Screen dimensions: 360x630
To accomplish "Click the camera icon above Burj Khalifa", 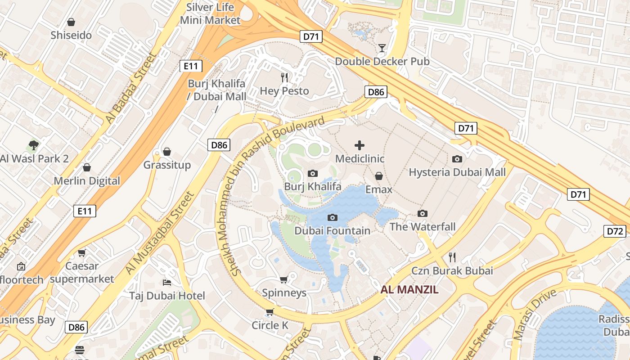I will [x=313, y=173].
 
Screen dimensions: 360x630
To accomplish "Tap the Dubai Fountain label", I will [x=332, y=231].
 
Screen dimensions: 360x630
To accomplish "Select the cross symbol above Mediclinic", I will [x=360, y=145].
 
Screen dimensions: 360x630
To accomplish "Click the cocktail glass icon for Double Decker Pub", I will [x=382, y=48].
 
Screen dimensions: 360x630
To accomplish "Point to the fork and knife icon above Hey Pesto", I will [x=284, y=77].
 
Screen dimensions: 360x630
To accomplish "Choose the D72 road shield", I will [x=615, y=231].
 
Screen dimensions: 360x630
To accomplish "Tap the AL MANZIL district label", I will [x=409, y=289].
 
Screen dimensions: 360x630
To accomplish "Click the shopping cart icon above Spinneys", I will [x=284, y=280].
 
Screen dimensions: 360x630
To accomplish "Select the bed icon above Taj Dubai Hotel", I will [x=167, y=283].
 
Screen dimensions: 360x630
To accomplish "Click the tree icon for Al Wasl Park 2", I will [x=33, y=145].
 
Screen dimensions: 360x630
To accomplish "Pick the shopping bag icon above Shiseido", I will [x=71, y=22].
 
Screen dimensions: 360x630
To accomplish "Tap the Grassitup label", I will [x=167, y=165].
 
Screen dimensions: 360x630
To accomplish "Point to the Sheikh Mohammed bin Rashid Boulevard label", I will [x=278, y=196].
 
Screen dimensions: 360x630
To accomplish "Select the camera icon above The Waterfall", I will [x=422, y=214].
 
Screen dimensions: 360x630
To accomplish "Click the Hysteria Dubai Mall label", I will [x=457, y=172].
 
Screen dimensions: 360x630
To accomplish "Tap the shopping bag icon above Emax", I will [x=379, y=176].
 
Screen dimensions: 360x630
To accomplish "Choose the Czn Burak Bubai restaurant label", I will [x=452, y=271].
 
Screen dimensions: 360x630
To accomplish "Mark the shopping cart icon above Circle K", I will [x=270, y=312].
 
